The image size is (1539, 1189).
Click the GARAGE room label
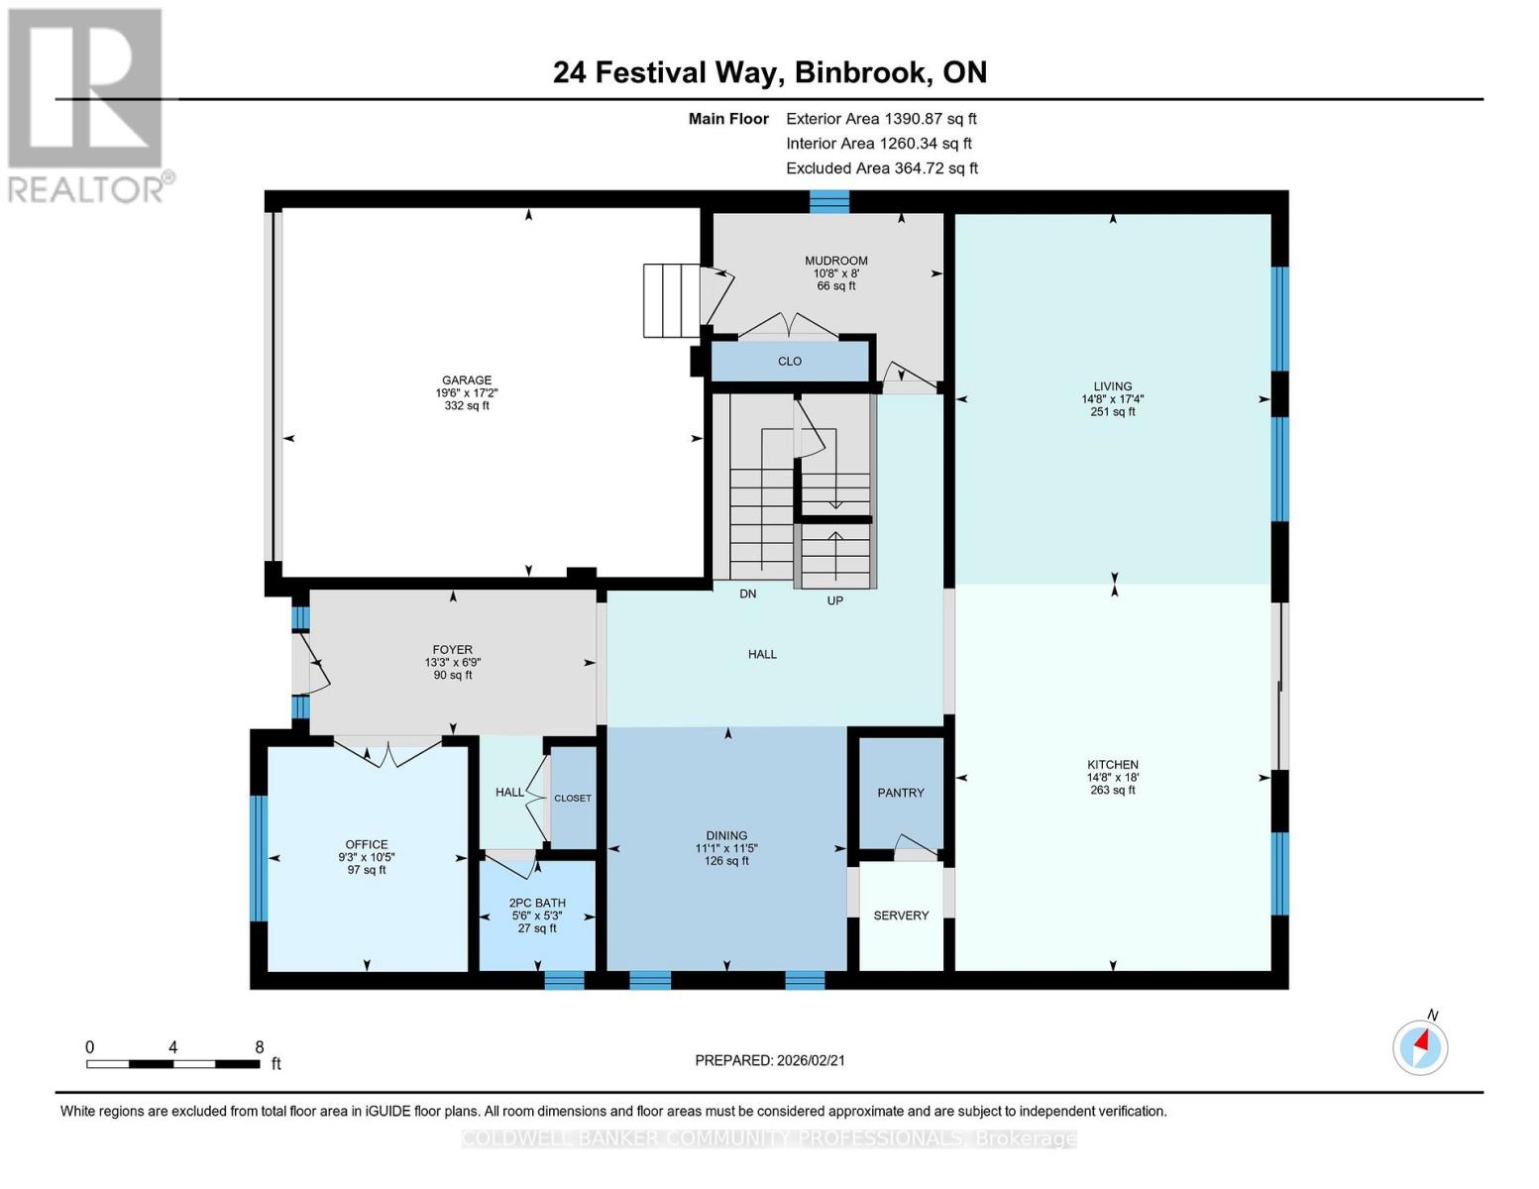[467, 380]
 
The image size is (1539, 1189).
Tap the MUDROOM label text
[835, 262]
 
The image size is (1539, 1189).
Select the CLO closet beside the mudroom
[790, 362]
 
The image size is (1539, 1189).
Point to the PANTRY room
[901, 793]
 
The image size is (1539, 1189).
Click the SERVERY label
[901, 916]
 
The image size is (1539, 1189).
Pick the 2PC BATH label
[537, 903]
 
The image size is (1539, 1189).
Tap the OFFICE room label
[367, 845]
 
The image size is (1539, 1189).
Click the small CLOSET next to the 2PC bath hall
[573, 799]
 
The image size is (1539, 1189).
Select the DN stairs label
[748, 594]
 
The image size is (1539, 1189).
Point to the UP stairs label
[835, 600]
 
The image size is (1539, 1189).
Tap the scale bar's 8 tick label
[260, 1047]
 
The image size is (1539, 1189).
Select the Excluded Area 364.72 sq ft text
[882, 168]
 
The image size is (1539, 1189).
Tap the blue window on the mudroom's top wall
[829, 201]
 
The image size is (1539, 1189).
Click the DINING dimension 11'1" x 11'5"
[726, 849]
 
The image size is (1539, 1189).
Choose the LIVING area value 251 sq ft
[1113, 412]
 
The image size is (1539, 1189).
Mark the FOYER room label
[453, 650]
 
